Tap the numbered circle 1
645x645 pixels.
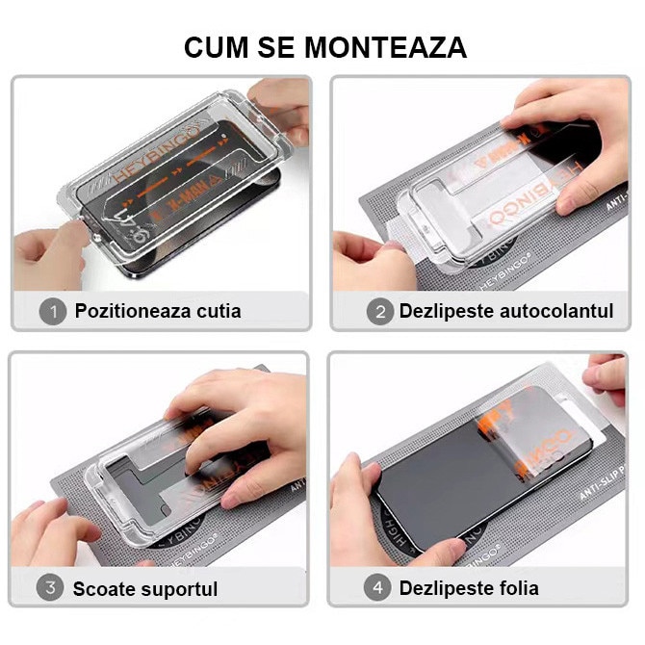pyautogui.click(x=51, y=311)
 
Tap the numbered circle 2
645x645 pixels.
pyautogui.click(x=378, y=311)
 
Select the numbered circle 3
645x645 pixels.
pyautogui.click(x=51, y=587)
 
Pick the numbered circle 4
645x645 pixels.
pyautogui.click(x=378, y=587)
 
